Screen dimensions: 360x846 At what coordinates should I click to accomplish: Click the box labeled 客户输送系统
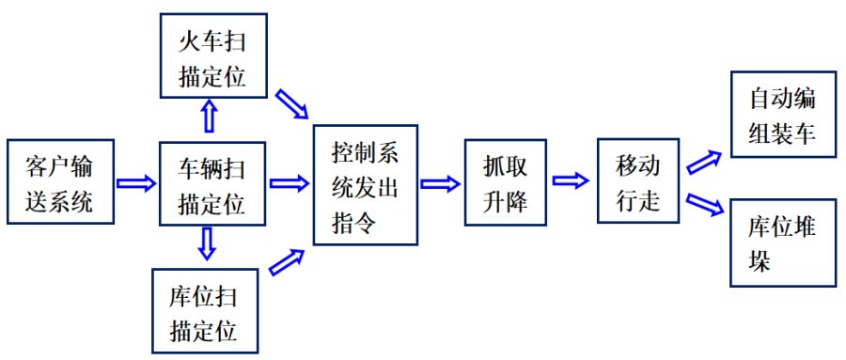click(59, 184)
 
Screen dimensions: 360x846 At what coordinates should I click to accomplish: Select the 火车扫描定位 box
click(211, 55)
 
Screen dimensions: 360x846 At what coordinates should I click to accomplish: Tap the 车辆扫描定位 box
click(211, 184)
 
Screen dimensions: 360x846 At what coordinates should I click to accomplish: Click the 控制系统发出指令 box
click(365, 184)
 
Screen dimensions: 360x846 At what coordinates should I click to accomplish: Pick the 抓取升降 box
click(506, 184)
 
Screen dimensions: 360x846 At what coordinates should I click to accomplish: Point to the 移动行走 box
click(638, 182)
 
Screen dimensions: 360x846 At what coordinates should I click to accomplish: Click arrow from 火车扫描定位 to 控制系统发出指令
click(291, 105)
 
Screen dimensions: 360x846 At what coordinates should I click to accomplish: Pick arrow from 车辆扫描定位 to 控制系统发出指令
click(290, 180)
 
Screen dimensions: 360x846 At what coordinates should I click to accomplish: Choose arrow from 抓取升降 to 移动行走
click(572, 180)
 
